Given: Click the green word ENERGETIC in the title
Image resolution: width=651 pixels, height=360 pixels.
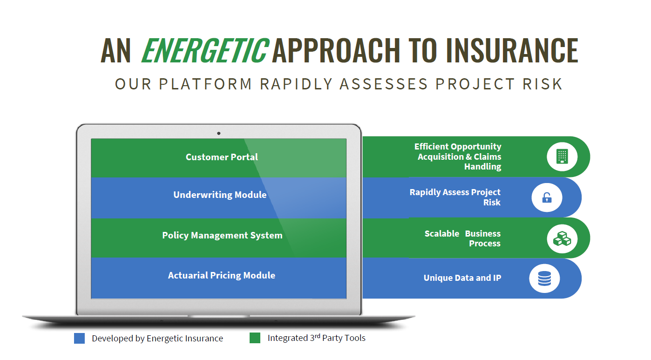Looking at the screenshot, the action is point(205,51).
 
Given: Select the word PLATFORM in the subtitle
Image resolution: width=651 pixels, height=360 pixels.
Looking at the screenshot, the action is point(205,84).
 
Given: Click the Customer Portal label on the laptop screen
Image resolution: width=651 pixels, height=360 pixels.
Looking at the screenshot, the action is point(222,157).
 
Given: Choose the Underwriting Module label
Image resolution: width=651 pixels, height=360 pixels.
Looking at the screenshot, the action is point(220,195).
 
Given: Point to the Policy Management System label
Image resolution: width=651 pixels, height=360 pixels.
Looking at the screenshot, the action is point(222,235).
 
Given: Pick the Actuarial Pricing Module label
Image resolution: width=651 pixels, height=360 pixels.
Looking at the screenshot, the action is point(222,275).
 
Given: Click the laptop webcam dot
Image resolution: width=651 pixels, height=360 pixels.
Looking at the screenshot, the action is point(218,133).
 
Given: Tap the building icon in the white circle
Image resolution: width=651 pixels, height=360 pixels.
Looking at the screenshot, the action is point(562,156).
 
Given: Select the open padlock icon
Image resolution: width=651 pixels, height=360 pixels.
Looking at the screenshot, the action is point(547,197).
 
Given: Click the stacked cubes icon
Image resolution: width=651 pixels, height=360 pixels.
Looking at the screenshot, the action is point(562,239).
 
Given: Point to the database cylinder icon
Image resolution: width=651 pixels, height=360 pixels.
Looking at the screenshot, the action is point(544,278).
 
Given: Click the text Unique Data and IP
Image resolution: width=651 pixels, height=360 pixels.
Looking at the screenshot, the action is point(462,278).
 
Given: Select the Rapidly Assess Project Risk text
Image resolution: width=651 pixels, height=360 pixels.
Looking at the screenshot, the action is point(455,197).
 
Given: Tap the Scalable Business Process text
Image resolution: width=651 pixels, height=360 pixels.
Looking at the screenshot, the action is point(463,238).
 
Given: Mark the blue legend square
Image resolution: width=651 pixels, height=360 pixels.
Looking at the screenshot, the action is point(79,338).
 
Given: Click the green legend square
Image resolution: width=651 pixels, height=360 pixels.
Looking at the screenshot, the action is point(255,338).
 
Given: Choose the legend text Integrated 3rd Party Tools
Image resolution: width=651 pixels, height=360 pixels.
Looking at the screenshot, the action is point(317,338).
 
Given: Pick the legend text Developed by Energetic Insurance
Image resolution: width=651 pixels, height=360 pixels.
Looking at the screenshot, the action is point(157,338).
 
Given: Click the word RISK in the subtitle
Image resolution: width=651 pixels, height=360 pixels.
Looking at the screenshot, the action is point(542,84).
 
